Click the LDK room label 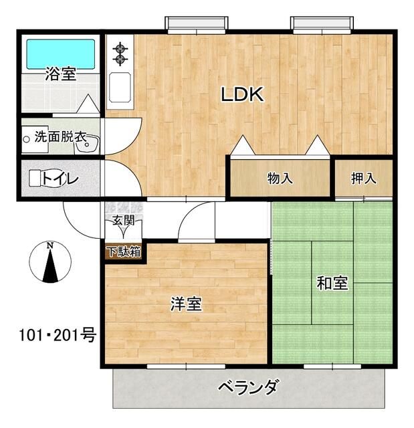(243, 95)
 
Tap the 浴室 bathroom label (60, 74)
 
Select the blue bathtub (60, 51)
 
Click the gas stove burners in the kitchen (120, 54)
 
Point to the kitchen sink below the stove (120, 87)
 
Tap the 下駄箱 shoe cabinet (124, 252)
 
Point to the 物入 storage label (280, 178)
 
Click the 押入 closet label (363, 178)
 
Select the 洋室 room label (186, 304)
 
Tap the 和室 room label (332, 284)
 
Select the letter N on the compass (50, 245)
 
